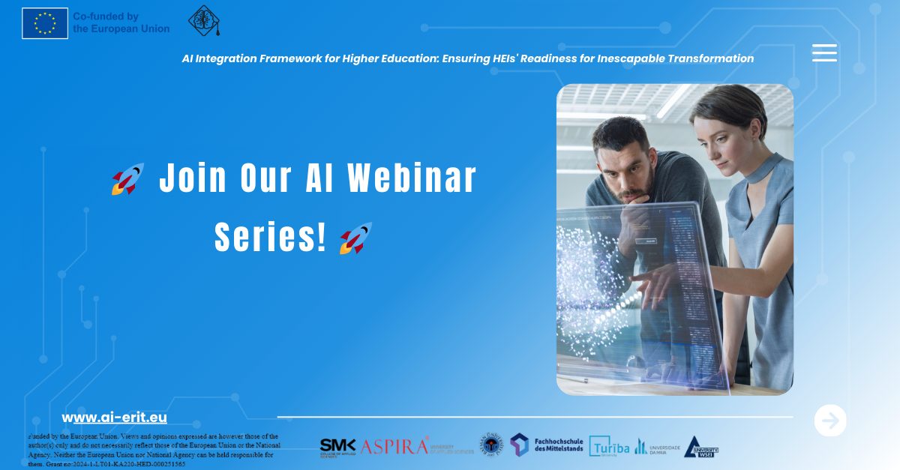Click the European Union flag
(x=45, y=22)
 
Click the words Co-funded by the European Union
(x=121, y=22)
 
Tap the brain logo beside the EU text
(x=203, y=20)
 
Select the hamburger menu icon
(x=824, y=52)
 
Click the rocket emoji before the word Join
(x=127, y=180)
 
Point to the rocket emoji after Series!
(x=355, y=238)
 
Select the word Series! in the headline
(x=271, y=237)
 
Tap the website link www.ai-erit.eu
(x=114, y=418)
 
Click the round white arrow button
(x=830, y=421)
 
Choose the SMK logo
(x=337, y=447)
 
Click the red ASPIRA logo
(x=396, y=447)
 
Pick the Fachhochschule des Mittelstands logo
(x=547, y=445)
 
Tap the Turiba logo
(x=609, y=447)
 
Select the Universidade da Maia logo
(x=658, y=447)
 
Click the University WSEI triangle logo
(x=701, y=447)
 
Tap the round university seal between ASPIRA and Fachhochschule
(x=491, y=445)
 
